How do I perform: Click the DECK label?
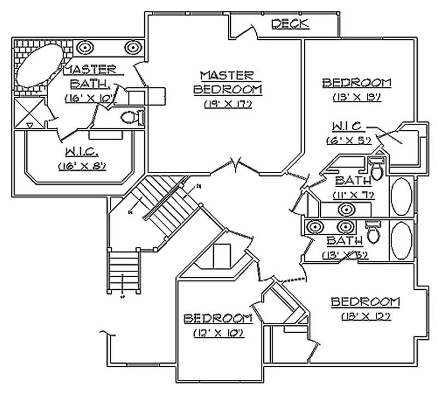(x=290, y=23)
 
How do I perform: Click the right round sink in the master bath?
(x=133, y=48)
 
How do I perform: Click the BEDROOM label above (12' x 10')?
(x=217, y=318)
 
